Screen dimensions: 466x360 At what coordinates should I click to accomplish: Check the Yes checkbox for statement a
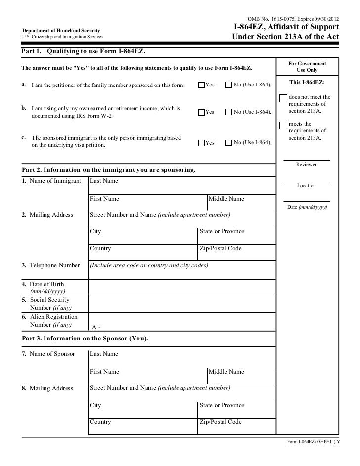point(201,85)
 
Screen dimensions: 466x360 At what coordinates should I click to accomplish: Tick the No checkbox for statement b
point(228,112)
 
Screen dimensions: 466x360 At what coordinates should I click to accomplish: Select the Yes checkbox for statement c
point(201,143)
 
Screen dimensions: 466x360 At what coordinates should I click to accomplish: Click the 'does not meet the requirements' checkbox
point(283,97)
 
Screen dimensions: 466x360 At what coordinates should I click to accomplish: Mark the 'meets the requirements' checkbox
point(283,124)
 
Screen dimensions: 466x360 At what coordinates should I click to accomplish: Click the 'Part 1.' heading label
point(32,52)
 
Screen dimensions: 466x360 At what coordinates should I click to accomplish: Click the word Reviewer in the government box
point(306,164)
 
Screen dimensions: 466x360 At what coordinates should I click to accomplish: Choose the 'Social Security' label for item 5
point(49,300)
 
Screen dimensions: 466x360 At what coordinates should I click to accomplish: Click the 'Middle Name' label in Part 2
point(226,199)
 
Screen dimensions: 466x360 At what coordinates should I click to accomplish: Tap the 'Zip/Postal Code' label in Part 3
point(220,422)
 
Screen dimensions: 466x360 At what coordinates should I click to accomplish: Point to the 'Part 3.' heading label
point(32,339)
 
